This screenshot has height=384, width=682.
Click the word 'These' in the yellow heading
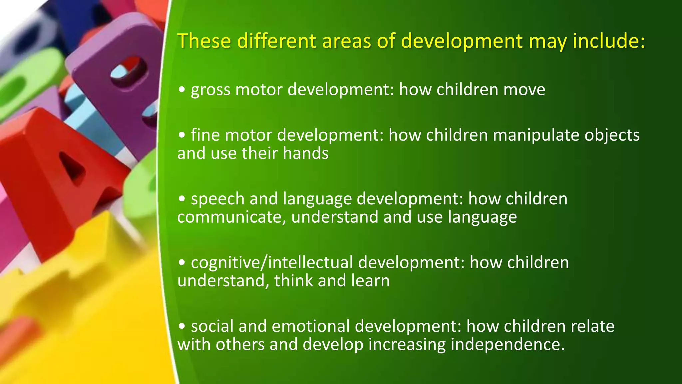204,41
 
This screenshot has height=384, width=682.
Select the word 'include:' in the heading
608,41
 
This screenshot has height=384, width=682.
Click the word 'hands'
305,154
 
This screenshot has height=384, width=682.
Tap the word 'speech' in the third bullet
217,199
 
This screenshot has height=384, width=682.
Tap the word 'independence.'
508,345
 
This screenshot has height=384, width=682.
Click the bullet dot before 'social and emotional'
181,326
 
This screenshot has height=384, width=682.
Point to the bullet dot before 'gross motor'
181,90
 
